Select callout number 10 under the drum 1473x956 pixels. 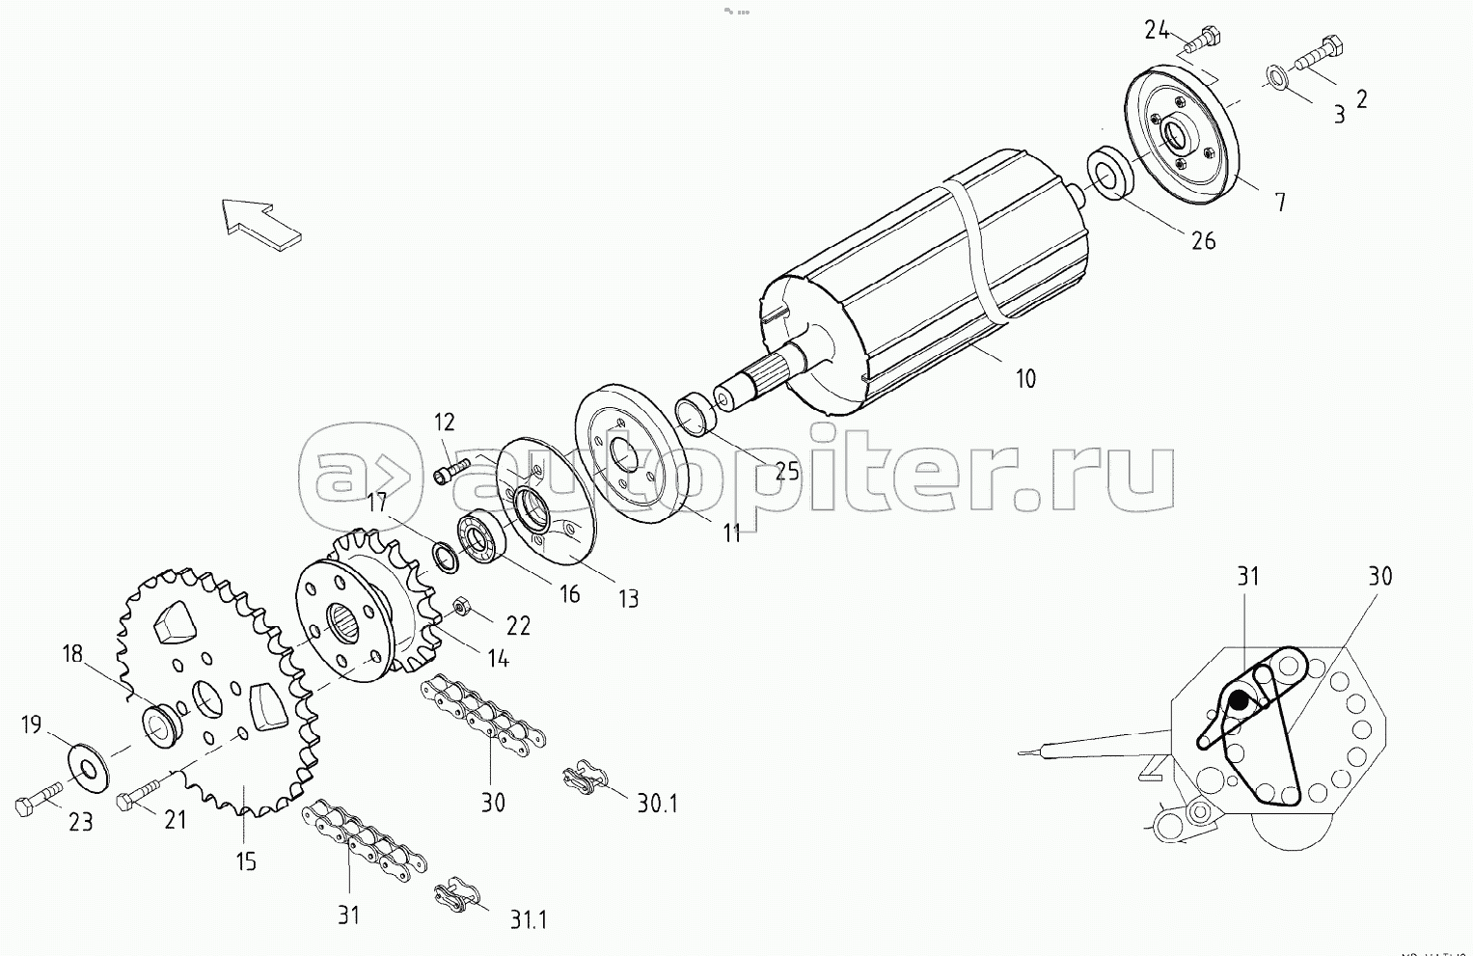[1025, 378]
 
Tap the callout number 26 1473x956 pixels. [1203, 239]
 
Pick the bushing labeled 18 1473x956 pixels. [160, 724]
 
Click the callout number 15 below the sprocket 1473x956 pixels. [246, 860]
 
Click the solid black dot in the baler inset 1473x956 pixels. [1239, 700]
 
